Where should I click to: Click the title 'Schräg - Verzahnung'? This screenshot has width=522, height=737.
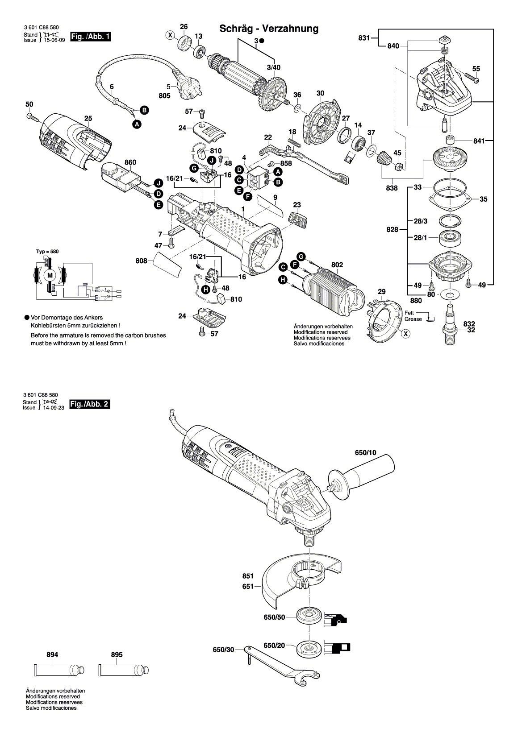tap(269, 29)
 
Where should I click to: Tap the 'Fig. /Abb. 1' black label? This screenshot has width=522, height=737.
tap(90, 36)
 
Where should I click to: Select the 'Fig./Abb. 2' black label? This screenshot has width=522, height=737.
tap(90, 404)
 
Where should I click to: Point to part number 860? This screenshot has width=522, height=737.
tap(130, 162)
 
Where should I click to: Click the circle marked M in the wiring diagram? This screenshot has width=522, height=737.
tap(50, 276)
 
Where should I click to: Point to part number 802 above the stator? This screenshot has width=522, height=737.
tap(337, 265)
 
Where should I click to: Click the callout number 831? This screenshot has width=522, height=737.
tap(364, 38)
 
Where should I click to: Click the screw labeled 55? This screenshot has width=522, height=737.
tap(472, 78)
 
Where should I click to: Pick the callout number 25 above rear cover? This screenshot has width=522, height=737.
tap(88, 119)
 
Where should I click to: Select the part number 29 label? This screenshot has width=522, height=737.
tap(381, 291)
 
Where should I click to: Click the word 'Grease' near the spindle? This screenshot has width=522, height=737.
tap(413, 319)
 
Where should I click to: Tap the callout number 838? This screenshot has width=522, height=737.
tap(392, 188)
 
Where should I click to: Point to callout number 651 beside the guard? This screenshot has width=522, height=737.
tap(248, 586)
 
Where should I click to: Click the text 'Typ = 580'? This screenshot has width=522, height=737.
tap(47, 251)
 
